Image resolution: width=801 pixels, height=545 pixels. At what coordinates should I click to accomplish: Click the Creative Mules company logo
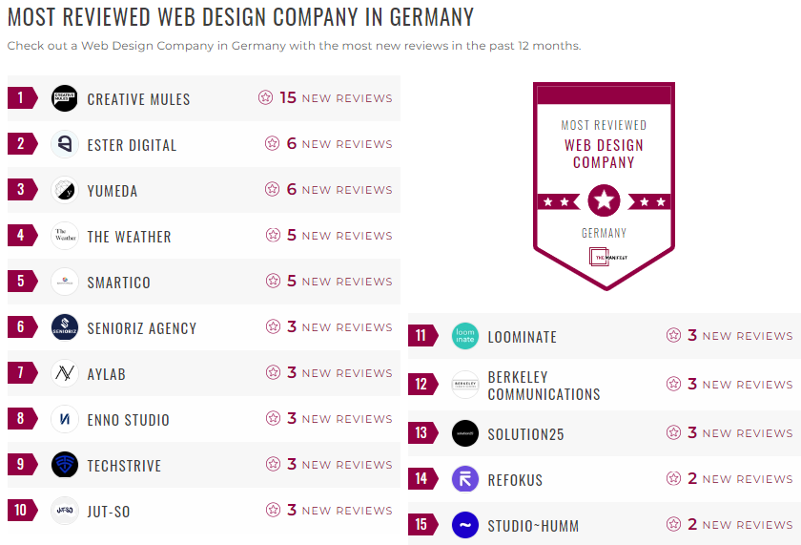tap(65, 98)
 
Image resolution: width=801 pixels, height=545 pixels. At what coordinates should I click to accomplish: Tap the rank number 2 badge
tap(21, 144)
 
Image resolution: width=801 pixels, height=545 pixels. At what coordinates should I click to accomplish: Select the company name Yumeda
tap(113, 191)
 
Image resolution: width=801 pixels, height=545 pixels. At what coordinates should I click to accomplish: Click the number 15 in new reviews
tap(288, 97)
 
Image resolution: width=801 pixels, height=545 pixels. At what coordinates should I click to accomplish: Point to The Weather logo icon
tap(65, 236)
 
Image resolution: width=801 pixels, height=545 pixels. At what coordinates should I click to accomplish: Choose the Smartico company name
tap(118, 283)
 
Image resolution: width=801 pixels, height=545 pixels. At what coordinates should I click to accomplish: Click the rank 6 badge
tap(21, 327)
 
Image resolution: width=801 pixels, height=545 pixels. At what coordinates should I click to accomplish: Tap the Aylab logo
tap(65, 373)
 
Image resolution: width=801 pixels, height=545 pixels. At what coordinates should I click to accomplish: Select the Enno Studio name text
tap(128, 420)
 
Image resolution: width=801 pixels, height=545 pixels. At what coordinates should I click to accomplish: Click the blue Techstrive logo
tap(65, 465)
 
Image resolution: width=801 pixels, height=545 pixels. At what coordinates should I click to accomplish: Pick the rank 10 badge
tap(21, 511)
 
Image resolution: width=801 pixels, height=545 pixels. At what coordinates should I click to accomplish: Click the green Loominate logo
tap(465, 336)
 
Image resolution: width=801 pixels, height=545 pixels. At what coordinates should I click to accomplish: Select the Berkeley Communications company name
tap(544, 386)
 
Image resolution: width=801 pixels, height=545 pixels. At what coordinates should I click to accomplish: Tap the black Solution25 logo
tap(465, 433)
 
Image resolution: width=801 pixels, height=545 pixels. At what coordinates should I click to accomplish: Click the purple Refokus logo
tap(465, 479)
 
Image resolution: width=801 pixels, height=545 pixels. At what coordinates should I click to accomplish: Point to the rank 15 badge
tap(421, 525)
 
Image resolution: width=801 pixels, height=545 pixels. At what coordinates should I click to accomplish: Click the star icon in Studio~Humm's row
tap(673, 525)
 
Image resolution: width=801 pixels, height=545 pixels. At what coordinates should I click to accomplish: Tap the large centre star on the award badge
tap(604, 201)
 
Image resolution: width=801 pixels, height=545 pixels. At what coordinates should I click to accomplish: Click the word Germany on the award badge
tap(604, 233)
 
